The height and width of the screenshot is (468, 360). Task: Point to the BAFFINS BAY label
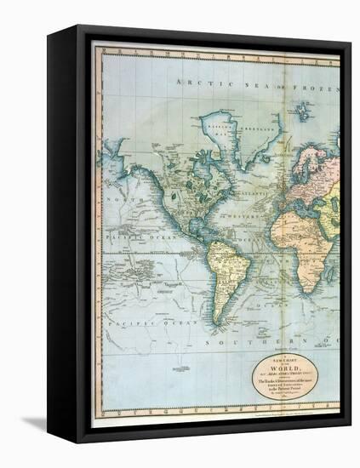[x=218, y=135]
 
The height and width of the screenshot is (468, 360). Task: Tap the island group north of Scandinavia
[x=301, y=110]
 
